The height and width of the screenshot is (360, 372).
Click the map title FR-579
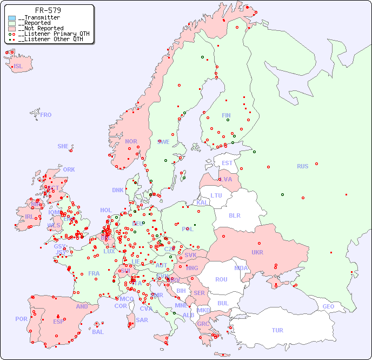(48, 10)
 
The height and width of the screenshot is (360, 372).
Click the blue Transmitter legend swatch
(12, 18)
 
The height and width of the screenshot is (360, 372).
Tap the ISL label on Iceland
(18, 67)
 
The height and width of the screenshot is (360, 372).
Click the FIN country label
(226, 115)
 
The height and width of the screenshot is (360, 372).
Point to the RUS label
(302, 166)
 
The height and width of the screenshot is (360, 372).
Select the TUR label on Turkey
(277, 330)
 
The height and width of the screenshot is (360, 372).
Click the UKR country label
(257, 252)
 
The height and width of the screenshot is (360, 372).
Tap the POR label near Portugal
(21, 319)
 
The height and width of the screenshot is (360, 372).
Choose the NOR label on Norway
(131, 141)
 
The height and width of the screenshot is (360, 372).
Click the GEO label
(328, 306)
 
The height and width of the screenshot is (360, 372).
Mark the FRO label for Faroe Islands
(45, 115)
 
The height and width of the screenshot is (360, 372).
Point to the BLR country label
(234, 215)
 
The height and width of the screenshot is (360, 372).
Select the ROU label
(221, 279)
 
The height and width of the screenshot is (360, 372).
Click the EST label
(227, 163)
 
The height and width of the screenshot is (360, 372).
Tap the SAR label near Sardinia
(142, 320)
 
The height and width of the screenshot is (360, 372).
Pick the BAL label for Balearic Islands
(97, 332)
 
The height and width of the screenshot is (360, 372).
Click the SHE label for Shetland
(63, 146)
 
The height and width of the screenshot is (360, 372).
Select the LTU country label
(216, 195)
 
